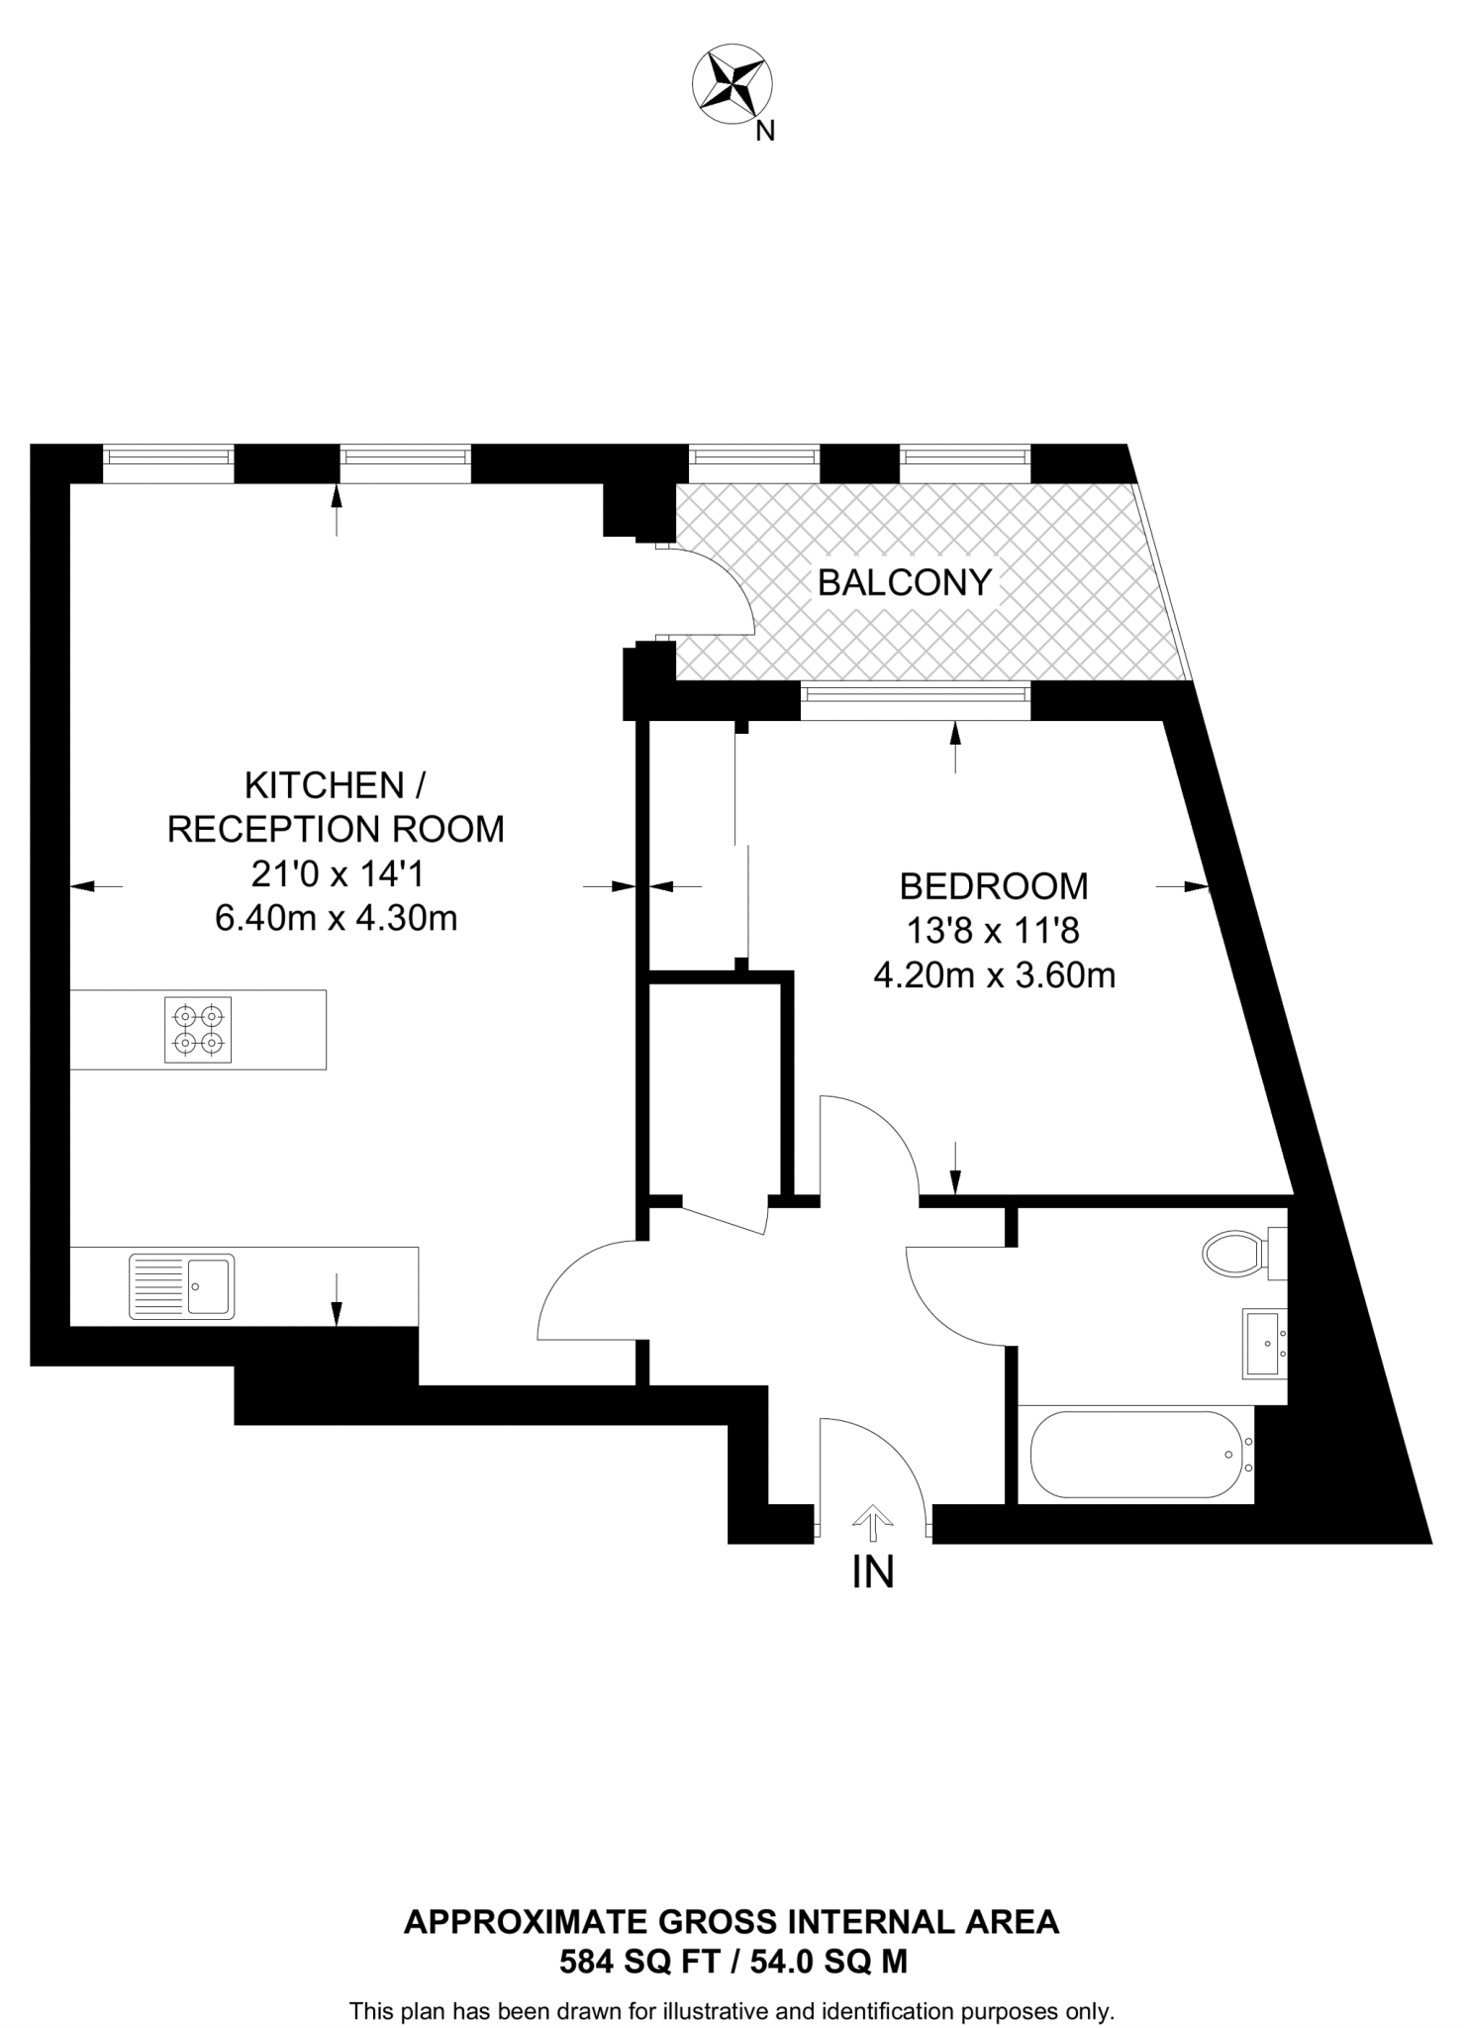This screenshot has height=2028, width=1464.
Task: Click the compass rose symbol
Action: click(732, 88)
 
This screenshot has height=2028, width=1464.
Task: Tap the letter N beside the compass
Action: click(764, 132)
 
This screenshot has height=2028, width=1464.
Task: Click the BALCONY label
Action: click(904, 582)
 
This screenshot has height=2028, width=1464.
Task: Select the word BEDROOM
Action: click(993, 886)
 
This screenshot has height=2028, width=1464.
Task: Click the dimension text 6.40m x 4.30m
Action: click(336, 918)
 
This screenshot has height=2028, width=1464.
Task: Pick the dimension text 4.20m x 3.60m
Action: click(994, 975)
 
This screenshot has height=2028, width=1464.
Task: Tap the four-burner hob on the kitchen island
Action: click(198, 1030)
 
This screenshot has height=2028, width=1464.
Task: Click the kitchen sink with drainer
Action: click(182, 1286)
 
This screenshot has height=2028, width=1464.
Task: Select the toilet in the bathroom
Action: click(1237, 1254)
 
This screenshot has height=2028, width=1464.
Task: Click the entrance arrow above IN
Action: click(872, 1523)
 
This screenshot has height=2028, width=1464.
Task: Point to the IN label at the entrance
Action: click(872, 1572)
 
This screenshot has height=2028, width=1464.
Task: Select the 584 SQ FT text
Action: click(635, 1961)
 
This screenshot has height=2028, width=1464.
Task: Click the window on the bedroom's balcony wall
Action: click(915, 701)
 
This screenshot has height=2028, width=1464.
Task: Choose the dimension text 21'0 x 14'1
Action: click(336, 873)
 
